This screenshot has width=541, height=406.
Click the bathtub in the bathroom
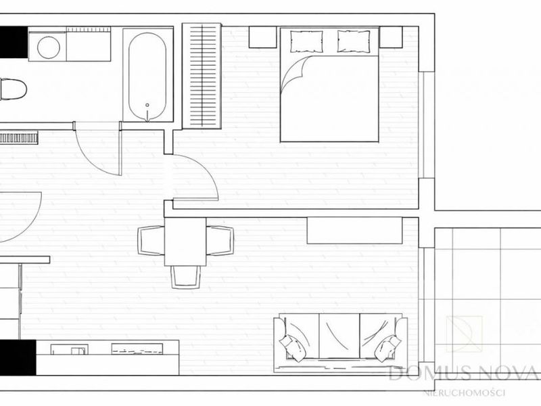(147, 75)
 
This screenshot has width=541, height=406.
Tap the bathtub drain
(147, 105)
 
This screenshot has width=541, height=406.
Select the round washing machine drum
(49, 47)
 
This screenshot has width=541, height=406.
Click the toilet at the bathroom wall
(13, 89)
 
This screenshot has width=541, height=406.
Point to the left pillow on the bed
(306, 42)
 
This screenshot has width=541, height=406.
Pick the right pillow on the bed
(354, 42)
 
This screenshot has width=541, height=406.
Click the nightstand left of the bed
(262, 37)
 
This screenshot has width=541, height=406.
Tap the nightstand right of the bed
(391, 37)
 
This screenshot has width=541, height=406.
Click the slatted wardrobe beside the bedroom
(202, 76)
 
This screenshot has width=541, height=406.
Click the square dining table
(185, 242)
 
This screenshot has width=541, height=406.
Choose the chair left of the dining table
(151, 241)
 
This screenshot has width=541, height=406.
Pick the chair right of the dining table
(220, 241)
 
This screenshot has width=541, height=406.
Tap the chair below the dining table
(186, 277)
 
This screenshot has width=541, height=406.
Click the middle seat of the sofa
(339, 336)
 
